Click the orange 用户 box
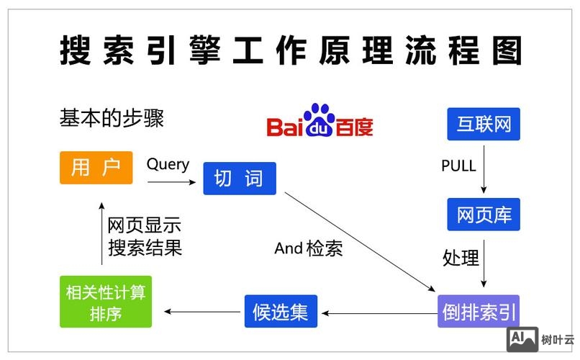coord(96,167)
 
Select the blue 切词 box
coord(239,178)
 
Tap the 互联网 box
coord(483,124)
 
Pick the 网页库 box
coord(483,214)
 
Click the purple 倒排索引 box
coord(478,312)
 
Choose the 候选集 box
coord(281,312)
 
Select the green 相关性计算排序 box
coord(106,302)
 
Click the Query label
coord(168,164)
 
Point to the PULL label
coord(458,166)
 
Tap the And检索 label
coord(308,249)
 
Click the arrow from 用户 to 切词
coord(172,183)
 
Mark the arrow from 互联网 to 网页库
coord(484,168)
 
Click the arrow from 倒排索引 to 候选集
coord(379,312)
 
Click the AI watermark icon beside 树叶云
coord(522,338)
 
